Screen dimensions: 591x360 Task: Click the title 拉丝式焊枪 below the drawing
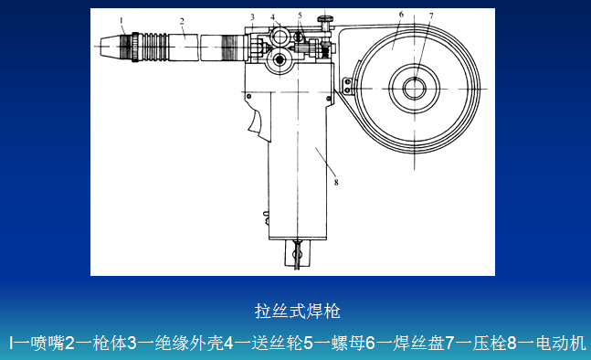(x=298, y=312)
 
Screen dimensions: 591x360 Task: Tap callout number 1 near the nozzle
(x=121, y=20)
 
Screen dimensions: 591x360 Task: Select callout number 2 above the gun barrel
(x=182, y=21)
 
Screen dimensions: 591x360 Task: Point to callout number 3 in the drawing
(x=252, y=17)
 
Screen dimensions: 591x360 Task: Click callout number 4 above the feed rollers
(x=272, y=17)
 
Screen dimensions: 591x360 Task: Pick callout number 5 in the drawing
(x=300, y=16)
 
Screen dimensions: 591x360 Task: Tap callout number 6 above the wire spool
(x=401, y=15)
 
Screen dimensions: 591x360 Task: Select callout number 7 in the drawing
(x=431, y=16)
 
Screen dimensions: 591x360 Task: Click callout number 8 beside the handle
(x=336, y=183)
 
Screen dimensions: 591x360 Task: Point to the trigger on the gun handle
(x=258, y=120)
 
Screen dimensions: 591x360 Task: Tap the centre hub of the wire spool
(x=415, y=89)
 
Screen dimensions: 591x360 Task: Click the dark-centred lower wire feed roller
(x=280, y=59)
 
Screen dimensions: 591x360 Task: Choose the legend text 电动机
(x=561, y=343)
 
